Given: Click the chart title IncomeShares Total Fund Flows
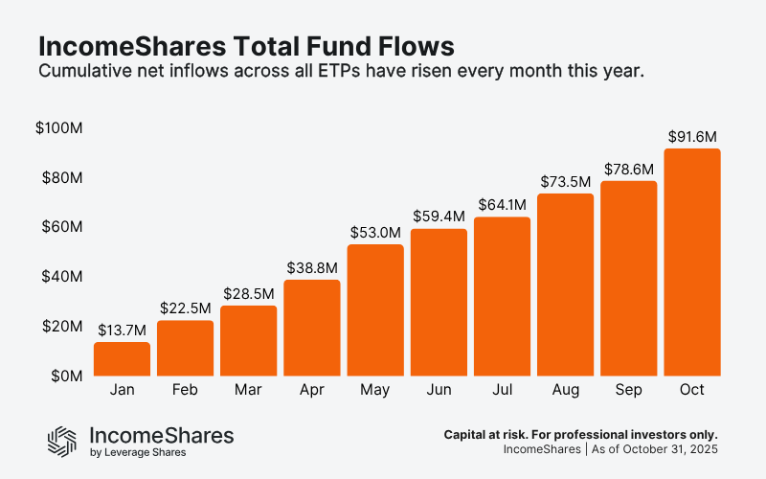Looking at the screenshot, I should click(245, 46).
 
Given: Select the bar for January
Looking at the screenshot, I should click(122, 359).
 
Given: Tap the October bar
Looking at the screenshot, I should click(691, 262).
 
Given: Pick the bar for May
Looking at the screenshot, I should click(375, 310).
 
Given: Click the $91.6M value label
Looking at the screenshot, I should click(691, 136).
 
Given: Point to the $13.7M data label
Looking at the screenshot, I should click(122, 330).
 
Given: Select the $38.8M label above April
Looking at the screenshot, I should click(311, 267).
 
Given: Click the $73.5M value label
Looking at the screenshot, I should click(565, 181).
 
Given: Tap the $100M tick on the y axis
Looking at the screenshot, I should click(59, 128).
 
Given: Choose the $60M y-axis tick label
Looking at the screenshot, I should click(62, 228).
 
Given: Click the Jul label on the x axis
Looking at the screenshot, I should click(502, 391).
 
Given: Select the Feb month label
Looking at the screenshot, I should click(185, 391).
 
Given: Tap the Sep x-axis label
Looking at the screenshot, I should click(628, 391).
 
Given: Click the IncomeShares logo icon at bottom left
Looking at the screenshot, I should click(62, 440).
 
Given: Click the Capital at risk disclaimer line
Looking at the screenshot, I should click(580, 434).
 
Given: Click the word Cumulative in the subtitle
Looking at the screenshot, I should click(81, 71).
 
